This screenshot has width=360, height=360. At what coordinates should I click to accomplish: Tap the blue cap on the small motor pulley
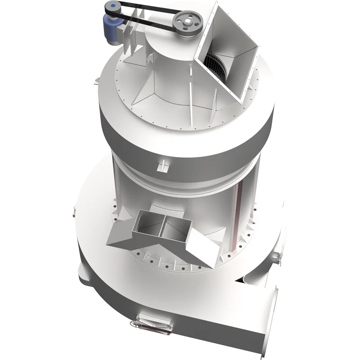pyautogui.click(x=111, y=7)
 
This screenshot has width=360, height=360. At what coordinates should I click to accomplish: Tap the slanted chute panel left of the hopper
pyautogui.click(x=118, y=234)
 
